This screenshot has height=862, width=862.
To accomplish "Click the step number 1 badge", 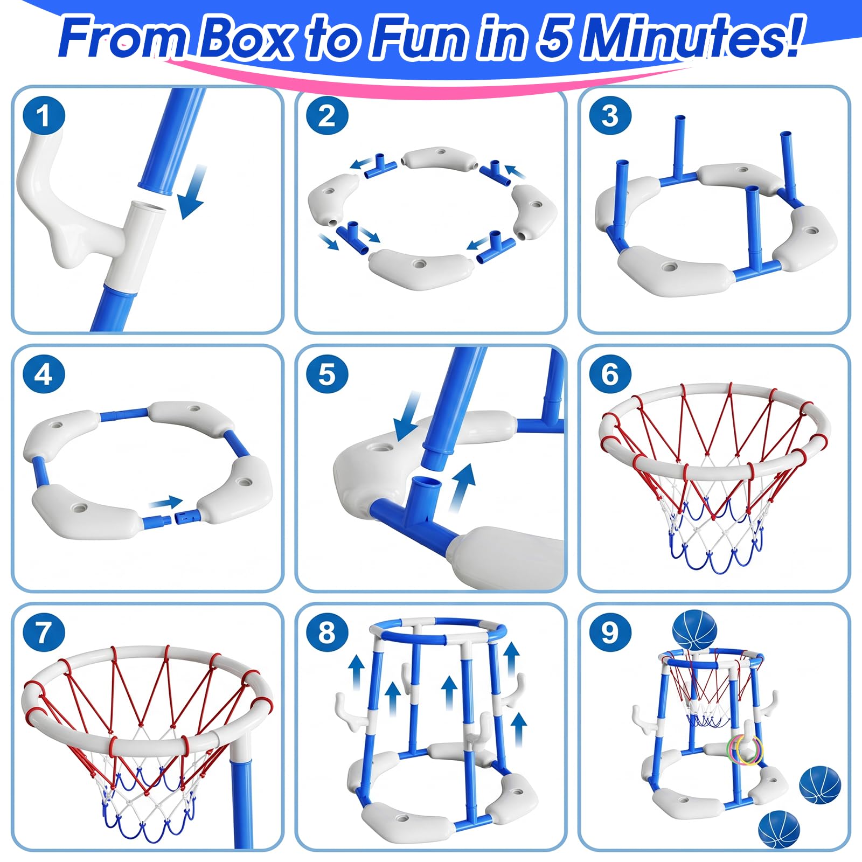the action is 44,116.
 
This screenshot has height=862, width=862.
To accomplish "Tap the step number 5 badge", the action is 327,374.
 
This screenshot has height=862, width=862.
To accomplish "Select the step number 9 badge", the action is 610,632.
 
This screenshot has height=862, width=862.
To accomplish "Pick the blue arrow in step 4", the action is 166,503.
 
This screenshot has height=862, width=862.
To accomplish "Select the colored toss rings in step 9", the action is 746,749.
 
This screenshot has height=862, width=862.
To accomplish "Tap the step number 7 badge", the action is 44,632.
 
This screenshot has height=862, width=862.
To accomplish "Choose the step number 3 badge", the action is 610,116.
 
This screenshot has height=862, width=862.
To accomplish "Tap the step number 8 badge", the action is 327,632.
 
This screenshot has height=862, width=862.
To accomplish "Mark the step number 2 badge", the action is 327,116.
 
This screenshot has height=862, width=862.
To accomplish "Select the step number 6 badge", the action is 610,374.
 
